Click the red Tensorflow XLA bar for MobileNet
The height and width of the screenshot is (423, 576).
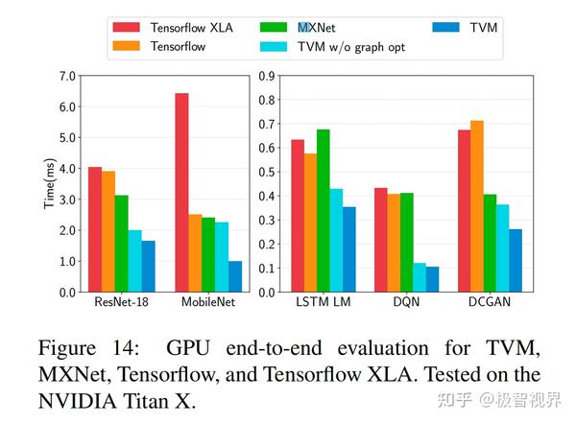click(x=181, y=192)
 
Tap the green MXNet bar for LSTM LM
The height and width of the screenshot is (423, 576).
click(x=323, y=210)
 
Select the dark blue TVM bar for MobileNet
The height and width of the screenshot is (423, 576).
click(x=235, y=276)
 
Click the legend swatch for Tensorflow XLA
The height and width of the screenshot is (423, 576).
click(x=129, y=26)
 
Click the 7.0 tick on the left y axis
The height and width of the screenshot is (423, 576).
click(x=66, y=76)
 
